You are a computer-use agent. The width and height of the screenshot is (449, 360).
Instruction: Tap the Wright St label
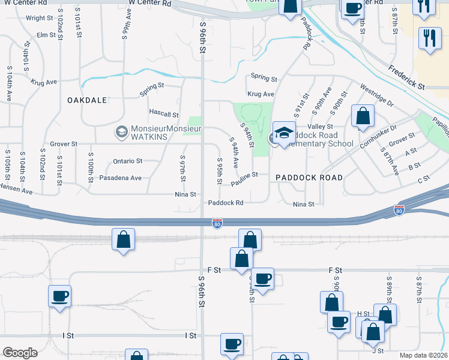point(40,18)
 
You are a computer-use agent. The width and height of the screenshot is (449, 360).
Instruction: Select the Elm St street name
point(46,35)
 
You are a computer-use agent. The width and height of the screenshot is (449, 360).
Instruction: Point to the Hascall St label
point(164,114)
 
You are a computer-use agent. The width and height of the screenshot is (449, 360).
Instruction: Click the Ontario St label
point(127,161)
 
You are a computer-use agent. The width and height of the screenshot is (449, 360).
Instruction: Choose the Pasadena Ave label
point(120,178)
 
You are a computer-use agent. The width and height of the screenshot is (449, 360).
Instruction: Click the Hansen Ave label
point(14,187)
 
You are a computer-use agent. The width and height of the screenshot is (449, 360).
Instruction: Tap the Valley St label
point(320,127)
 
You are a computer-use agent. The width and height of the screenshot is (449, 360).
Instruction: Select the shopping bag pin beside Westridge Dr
point(363,115)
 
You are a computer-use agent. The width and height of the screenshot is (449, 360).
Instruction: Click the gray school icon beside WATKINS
point(121,130)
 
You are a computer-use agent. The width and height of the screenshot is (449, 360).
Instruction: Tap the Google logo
point(20,353)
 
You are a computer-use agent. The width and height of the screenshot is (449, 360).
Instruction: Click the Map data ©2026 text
point(423,355)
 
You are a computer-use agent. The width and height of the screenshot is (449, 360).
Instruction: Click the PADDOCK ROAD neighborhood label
point(309,178)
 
